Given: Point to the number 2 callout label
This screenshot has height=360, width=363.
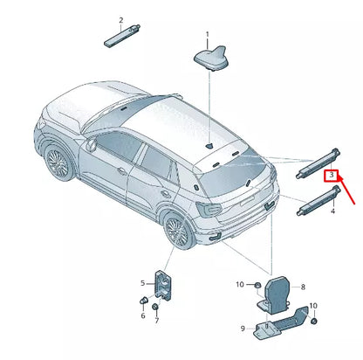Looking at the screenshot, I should [x=120, y=19].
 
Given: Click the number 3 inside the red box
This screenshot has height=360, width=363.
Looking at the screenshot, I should [x=331, y=176].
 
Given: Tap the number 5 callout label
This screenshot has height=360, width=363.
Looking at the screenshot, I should [x=144, y=282].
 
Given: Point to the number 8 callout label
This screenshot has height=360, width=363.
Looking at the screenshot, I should [x=303, y=287].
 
